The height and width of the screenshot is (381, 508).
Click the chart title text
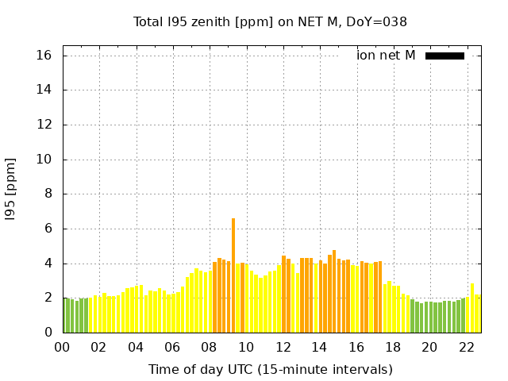click(270, 21)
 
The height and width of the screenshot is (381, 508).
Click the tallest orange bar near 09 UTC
click(233, 275)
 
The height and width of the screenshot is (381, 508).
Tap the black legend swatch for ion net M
click(444, 56)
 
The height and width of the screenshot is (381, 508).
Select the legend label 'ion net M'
click(386, 56)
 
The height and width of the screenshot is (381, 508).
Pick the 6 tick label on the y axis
click(48, 229)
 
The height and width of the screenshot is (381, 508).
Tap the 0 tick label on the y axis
click(48, 333)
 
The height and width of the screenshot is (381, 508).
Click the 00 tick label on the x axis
click(62, 347)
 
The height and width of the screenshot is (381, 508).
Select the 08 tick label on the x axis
click(210, 347)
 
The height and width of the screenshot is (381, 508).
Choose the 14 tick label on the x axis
click(319, 347)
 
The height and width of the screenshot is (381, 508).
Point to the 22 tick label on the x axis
click(467, 347)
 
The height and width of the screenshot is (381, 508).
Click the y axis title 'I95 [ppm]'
click(11, 188)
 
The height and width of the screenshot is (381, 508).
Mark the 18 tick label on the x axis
click(393, 347)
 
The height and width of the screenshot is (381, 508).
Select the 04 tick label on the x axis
click(136, 347)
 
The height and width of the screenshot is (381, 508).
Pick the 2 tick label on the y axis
click(48, 298)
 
